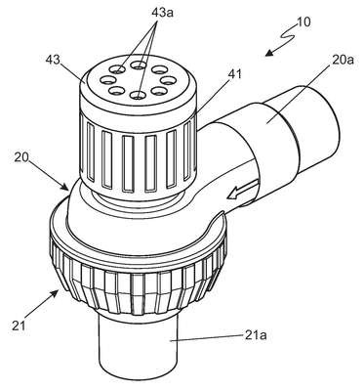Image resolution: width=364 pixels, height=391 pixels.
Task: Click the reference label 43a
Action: [162, 13]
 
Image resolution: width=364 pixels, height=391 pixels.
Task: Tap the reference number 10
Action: [303, 22]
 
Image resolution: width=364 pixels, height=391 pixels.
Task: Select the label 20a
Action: [343, 60]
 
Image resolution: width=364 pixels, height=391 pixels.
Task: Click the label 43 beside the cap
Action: [53, 60]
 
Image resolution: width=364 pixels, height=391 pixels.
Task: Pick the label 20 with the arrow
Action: [21, 157]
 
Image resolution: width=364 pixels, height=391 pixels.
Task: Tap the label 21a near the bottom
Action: [256, 334]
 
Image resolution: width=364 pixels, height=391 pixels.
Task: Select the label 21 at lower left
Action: [19, 326]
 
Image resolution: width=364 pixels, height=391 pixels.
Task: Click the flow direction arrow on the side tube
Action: [243, 190]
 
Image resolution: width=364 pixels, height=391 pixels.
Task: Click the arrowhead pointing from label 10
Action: [269, 53]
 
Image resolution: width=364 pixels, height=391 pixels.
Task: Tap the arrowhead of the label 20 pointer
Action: [64, 187]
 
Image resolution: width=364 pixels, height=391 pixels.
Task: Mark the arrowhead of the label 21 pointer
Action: [56, 294]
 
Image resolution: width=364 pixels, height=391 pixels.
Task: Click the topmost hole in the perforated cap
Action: [139, 65]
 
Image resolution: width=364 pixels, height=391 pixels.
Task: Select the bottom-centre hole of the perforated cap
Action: [138, 95]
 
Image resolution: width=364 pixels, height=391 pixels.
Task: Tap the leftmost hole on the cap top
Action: [106, 79]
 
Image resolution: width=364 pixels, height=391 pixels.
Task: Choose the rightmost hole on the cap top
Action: [169, 79]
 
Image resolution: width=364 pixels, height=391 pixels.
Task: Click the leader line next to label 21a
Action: [208, 337]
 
